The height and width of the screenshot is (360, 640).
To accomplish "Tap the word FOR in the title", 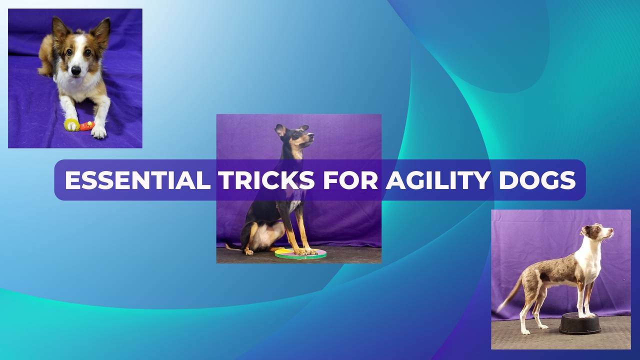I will [350, 180].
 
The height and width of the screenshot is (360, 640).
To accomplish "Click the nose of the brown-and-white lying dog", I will [75, 71].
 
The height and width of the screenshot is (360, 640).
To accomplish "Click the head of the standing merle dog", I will [597, 232].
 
